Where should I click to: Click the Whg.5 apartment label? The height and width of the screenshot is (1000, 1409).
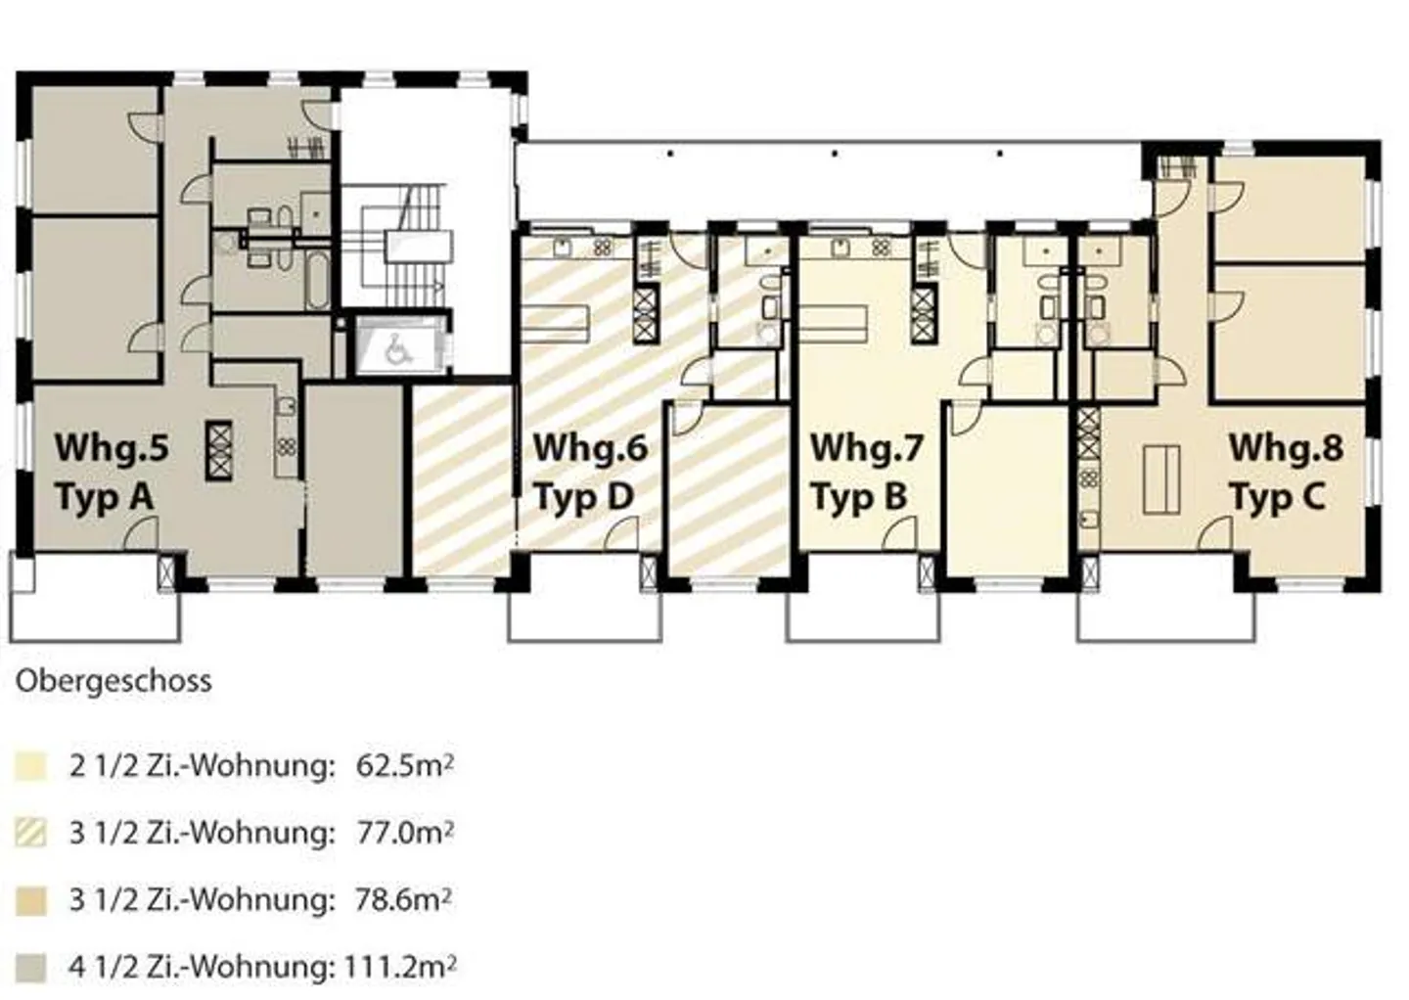[x=112, y=447]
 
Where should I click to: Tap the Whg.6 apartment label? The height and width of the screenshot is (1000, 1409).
[x=590, y=447]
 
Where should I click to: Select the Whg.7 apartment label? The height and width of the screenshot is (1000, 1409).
[x=867, y=447]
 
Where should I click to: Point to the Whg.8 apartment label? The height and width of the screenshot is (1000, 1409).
[x=1285, y=447]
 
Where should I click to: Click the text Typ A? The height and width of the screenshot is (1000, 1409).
[x=104, y=497]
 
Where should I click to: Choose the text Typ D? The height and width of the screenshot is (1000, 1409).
[x=583, y=497]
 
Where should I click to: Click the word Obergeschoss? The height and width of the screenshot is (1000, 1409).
[x=114, y=681]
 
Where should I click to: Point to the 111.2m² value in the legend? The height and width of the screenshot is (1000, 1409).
[x=399, y=967]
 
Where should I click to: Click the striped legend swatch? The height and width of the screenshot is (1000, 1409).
[x=30, y=834]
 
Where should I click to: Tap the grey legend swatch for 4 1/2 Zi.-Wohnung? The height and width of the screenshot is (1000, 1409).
[x=30, y=968]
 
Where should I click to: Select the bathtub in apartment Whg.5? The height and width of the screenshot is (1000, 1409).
[x=316, y=281]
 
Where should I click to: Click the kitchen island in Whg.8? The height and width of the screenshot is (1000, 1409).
[x=1161, y=478]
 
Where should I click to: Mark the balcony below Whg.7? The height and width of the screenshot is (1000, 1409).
[x=863, y=615]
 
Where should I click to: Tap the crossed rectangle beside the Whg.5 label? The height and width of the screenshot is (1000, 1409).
[x=219, y=449]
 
